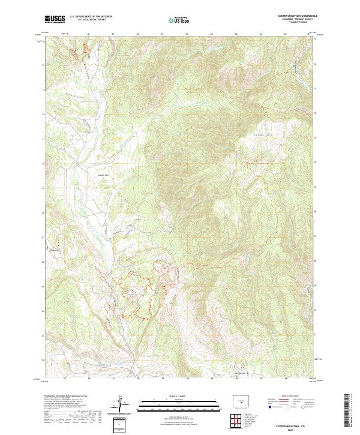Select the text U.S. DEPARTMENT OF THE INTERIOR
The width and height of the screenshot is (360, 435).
pyautogui.click(x=91, y=17)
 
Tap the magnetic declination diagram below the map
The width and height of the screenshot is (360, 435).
pyautogui.click(x=122, y=406)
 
